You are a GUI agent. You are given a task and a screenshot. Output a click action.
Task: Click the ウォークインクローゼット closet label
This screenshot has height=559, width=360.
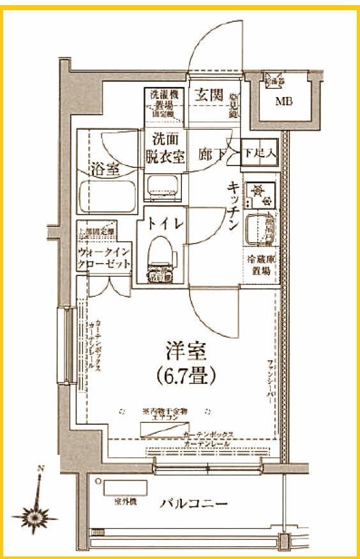coord(105,257)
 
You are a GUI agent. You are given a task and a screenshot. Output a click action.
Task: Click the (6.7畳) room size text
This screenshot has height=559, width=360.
coord(185,374)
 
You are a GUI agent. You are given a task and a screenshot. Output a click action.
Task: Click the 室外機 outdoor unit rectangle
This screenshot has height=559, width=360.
coord(126,487)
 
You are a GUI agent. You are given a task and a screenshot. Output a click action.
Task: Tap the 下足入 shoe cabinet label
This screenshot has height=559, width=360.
coord(259,154)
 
